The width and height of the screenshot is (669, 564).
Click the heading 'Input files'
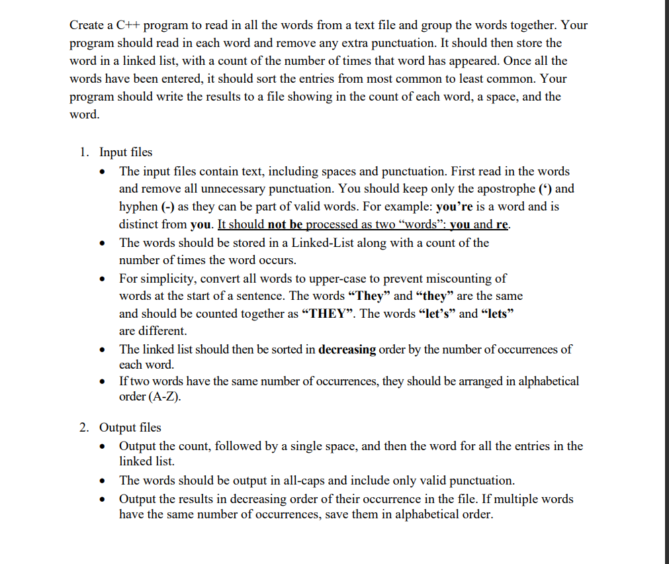coord(126,152)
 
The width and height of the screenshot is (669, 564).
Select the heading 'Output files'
coord(130,428)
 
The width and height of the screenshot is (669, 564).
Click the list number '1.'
coord(85,152)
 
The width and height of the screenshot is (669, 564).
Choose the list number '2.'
coord(85,428)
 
